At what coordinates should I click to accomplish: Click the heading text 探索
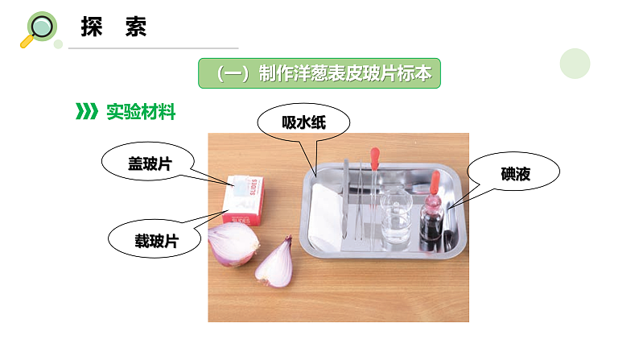[x=113, y=27]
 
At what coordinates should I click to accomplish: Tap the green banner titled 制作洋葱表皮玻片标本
[x=320, y=73]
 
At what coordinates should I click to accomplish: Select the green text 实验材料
[x=141, y=113]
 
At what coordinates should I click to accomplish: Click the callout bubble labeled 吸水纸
[x=304, y=123]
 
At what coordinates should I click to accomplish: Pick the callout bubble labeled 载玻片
[x=155, y=239]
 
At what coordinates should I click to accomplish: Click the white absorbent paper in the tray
[x=327, y=216]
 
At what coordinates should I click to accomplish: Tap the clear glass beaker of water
[x=396, y=218]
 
